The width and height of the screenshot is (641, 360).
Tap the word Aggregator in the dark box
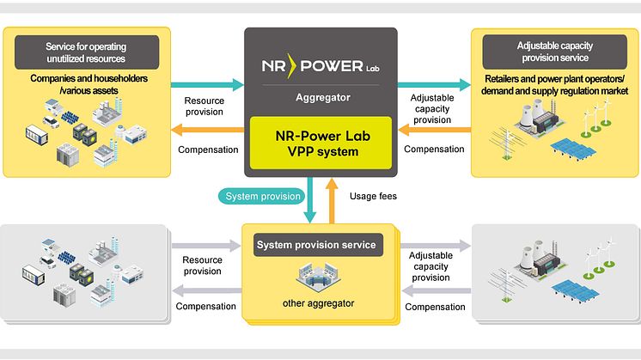pyautogui.click(x=320, y=98)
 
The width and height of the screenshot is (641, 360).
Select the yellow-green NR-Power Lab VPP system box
pyautogui.click(x=320, y=142)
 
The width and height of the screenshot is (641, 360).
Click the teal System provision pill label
pyautogui.click(x=263, y=196)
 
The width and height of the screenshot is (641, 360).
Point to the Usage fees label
pyautogui.click(x=373, y=196)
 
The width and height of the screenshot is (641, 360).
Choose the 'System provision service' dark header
pyautogui.click(x=315, y=245)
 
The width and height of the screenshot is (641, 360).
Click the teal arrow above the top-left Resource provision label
pyautogui.click(x=205, y=86)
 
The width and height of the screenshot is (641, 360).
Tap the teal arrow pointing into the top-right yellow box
pyautogui.click(x=433, y=86)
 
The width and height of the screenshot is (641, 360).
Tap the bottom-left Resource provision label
pyautogui.click(x=203, y=265)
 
